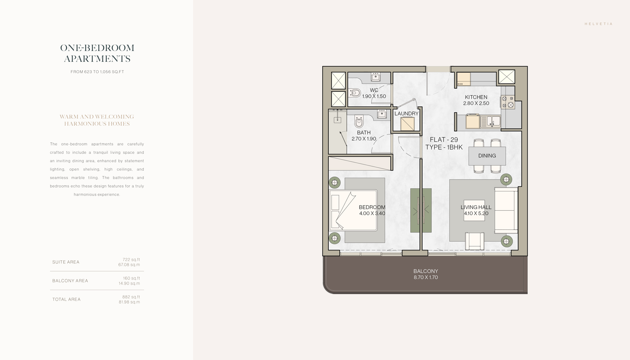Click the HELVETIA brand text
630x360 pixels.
click(599, 24)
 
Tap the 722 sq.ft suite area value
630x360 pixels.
click(131, 259)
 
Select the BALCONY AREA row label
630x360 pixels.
click(70, 281)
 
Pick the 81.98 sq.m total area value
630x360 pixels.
click(129, 302)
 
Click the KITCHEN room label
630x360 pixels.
click(476, 97)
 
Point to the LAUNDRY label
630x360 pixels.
click(406, 113)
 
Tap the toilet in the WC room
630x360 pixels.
click(355, 93)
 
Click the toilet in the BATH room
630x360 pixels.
click(359, 121)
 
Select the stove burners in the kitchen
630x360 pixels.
click(507, 102)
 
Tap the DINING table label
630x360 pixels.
click(487, 156)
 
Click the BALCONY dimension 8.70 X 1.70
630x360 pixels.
click(426, 278)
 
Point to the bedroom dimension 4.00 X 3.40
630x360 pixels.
click(372, 213)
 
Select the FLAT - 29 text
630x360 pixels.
click(444, 140)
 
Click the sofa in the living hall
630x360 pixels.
click(506, 210)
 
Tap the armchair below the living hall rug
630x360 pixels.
click(475, 241)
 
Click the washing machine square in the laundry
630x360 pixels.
click(407, 124)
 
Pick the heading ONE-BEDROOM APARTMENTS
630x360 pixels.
click(97, 53)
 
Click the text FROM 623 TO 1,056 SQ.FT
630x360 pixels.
click(97, 72)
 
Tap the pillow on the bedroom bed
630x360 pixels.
click(335, 202)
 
